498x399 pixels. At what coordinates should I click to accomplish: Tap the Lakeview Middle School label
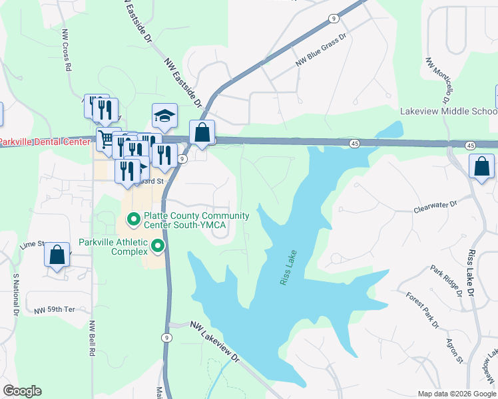[x=448, y=111]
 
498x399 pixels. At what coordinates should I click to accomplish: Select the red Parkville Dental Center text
[x=44, y=142]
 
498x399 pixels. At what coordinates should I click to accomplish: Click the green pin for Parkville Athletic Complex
[x=158, y=247]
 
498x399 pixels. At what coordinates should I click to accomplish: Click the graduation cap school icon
[x=164, y=116]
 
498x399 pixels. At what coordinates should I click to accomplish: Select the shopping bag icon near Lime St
[x=57, y=254]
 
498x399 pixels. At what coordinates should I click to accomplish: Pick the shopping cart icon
[x=106, y=140]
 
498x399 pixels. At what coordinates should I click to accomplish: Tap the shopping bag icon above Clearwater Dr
[x=481, y=167]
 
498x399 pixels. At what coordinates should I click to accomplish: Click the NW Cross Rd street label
[x=66, y=50]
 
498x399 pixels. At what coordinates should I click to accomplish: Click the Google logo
[x=22, y=391]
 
